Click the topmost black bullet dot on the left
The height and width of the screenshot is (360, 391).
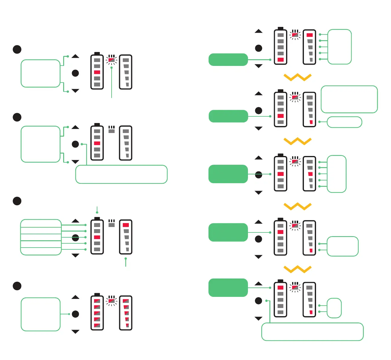(x=17, y=49)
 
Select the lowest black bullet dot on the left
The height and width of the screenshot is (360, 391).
(x=17, y=286)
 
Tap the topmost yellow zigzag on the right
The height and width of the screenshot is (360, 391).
(x=298, y=77)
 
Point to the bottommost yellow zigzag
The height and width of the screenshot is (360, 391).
(x=298, y=269)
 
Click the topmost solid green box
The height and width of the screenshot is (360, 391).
(x=228, y=60)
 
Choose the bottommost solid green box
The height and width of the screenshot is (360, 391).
(x=228, y=287)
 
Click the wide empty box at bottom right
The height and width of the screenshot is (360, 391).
(x=312, y=332)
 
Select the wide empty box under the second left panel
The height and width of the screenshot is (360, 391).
(x=121, y=174)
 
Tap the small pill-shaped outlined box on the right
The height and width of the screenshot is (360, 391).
(x=344, y=122)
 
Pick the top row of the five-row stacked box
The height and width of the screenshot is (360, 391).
(x=41, y=223)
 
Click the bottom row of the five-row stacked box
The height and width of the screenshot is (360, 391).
(x=41, y=251)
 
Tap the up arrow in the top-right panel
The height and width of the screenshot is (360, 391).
(x=259, y=31)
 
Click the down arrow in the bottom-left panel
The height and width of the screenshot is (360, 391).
(x=75, y=332)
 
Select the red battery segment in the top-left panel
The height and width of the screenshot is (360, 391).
(x=97, y=72)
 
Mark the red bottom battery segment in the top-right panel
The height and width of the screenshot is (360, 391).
(x=281, y=60)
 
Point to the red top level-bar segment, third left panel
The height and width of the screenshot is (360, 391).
(x=126, y=225)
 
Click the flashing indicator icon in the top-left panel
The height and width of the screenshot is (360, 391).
(x=112, y=60)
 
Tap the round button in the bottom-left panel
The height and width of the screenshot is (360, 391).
(x=75, y=314)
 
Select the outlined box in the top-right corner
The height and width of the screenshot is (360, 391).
(x=340, y=47)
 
